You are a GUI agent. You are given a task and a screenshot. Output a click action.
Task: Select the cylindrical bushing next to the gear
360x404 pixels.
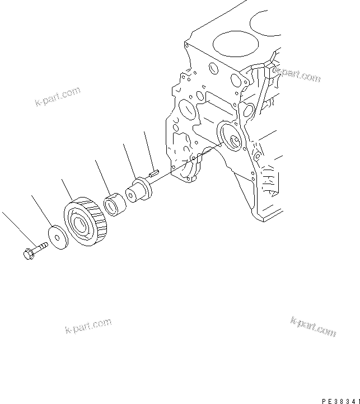pos(116,204)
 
